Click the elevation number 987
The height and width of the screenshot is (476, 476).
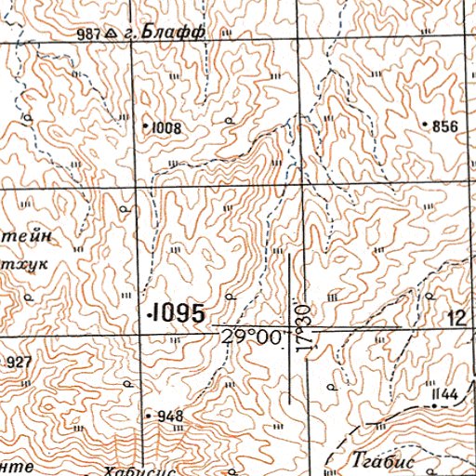click(89, 34)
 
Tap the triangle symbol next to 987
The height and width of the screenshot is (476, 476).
click(111, 34)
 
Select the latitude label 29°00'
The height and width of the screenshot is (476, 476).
click(252, 338)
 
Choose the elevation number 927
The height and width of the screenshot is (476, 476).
click(18, 362)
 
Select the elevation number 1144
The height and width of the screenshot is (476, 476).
click(445, 395)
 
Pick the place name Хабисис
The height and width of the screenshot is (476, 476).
click(139, 469)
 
